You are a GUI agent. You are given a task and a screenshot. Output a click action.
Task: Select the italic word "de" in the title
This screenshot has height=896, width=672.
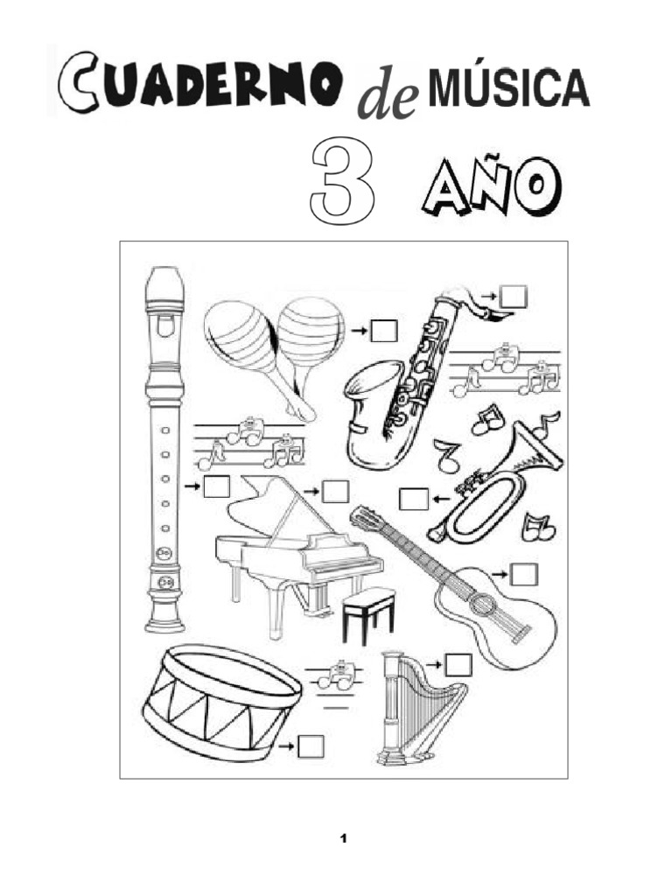(387, 103)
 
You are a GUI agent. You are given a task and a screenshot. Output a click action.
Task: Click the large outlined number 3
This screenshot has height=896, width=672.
(344, 182)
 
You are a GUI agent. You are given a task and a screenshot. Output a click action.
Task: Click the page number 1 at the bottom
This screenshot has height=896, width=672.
(344, 840)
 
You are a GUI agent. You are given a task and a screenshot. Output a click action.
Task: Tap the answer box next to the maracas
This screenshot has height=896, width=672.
(383, 332)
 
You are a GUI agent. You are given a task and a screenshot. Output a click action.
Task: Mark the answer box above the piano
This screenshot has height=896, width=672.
(335, 492)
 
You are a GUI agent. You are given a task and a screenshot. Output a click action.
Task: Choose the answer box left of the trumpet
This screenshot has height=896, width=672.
(414, 500)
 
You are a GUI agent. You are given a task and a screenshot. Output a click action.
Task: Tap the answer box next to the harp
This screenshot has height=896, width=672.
(458, 665)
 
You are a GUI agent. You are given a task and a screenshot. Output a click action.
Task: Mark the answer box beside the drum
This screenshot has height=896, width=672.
(310, 746)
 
